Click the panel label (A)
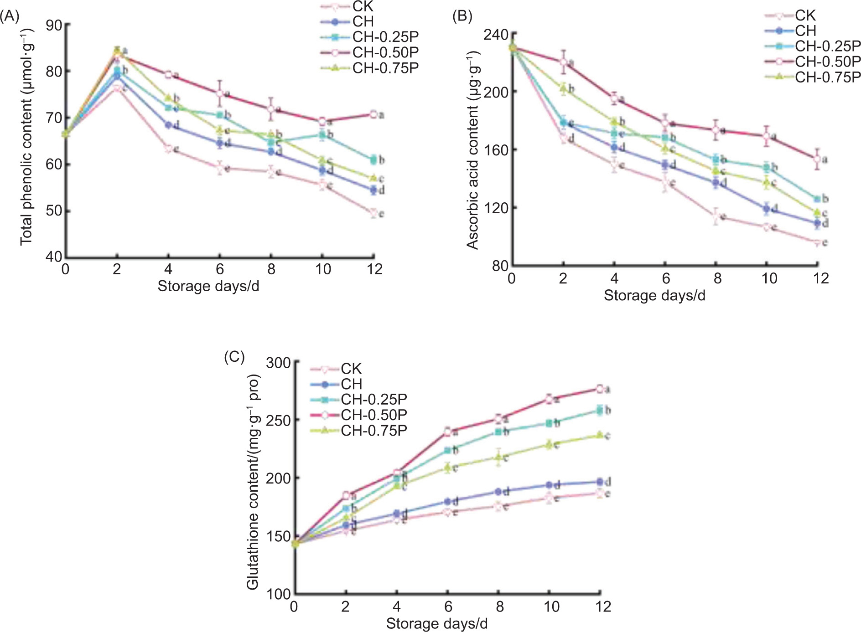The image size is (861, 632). [10, 17]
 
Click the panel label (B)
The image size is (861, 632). [462, 17]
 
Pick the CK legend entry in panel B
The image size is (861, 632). [805, 15]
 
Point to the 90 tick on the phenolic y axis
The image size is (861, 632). [54, 25]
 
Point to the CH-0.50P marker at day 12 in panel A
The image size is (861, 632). [373, 114]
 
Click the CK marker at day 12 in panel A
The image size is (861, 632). [374, 213]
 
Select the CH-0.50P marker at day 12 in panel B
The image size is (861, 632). [817, 159]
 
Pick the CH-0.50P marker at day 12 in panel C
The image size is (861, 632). [600, 389]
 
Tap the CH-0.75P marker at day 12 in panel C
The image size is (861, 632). [600, 435]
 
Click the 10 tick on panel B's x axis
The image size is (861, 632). [769, 278]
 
